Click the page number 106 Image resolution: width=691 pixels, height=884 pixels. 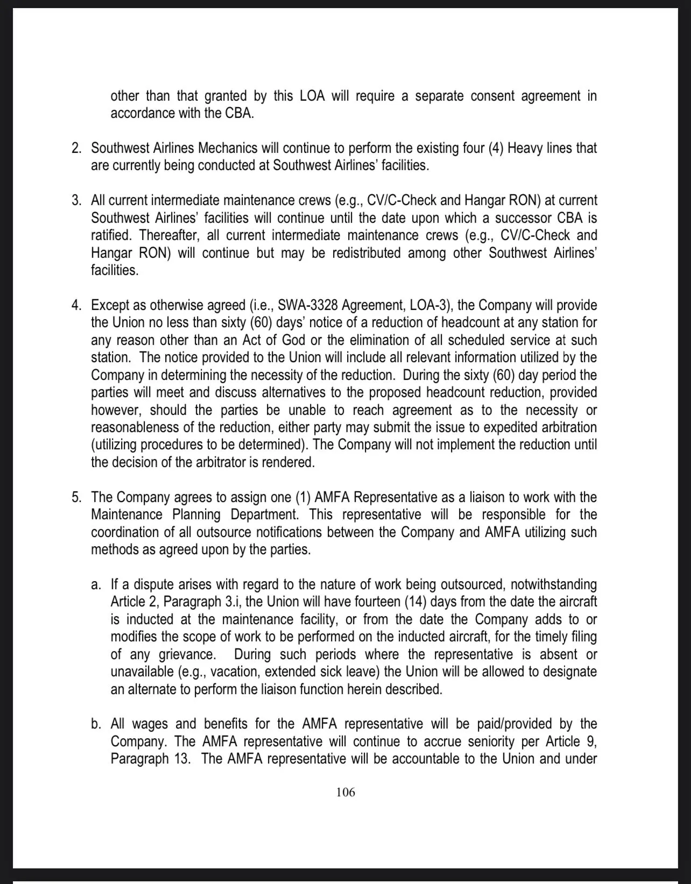[x=345, y=792]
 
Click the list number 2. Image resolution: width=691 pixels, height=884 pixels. [x=76, y=148]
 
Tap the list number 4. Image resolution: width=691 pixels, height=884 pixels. [x=76, y=306]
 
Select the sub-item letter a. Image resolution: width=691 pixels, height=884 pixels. [x=96, y=585]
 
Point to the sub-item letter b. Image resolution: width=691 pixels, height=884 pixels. [x=96, y=725]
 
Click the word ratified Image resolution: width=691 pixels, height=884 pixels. [x=111, y=236]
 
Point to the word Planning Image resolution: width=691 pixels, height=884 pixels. [x=196, y=515]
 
